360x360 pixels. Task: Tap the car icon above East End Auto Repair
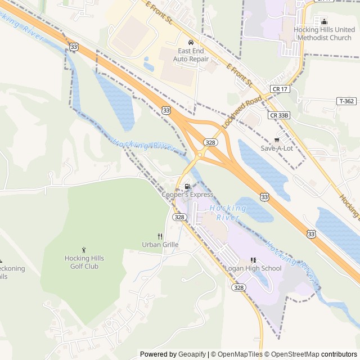[191, 42]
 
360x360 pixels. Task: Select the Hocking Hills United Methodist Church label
[324, 33]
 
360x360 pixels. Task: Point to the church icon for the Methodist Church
[324, 21]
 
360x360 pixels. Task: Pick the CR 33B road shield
[278, 115]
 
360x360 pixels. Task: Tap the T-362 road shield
[346, 101]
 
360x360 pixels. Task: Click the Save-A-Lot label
[277, 148]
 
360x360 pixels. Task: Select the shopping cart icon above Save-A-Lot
[276, 139]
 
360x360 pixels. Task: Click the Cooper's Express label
[187, 195]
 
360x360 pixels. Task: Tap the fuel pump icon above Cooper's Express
[187, 186]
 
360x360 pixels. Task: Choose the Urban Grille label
[160, 245]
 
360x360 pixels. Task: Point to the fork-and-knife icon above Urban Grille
[160, 236]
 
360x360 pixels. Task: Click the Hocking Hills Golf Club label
[84, 262]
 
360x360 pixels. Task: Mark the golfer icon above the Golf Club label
[84, 250]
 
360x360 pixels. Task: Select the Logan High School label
[253, 268]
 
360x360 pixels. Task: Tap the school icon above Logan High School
[253, 260]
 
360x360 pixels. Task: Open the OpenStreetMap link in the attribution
[291, 354]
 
